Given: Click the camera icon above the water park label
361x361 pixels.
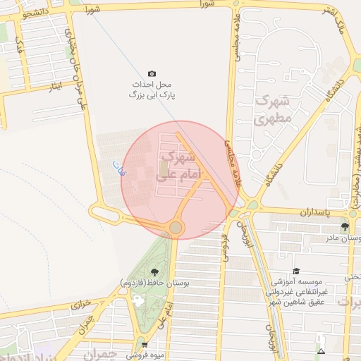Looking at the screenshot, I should click(x=152, y=74).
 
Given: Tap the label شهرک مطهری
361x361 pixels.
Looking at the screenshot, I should click(x=271, y=109).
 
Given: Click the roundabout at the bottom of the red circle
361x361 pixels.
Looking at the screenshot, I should click(x=175, y=227).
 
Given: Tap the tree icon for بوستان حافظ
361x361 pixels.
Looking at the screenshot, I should click(x=154, y=272).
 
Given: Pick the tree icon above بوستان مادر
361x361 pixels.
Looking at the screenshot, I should click(x=345, y=226).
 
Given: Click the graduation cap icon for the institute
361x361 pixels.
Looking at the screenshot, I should click(x=296, y=271).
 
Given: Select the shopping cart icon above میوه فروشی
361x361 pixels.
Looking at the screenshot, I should click(x=145, y=345).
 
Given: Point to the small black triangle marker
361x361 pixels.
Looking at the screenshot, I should click(x=322, y=350).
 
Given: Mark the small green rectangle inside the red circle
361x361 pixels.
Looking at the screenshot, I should click(x=164, y=169).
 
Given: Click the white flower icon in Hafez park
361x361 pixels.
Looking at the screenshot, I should click(x=137, y=301).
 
